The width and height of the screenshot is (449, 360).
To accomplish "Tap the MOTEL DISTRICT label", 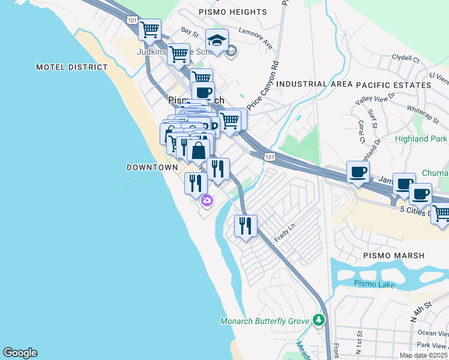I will coord(71,67).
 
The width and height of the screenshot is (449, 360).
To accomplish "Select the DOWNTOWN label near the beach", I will coord(152,167).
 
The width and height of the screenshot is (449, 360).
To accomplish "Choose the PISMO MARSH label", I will coord(394,256).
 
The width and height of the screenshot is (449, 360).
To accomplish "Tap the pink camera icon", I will coord(207,201).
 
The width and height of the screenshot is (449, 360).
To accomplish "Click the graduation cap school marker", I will coord(217,41).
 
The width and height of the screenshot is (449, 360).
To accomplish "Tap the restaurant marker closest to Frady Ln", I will coord(246,226).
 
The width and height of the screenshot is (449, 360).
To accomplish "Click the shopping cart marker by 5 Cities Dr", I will coord(441,213).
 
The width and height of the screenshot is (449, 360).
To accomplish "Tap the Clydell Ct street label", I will coord(405,59).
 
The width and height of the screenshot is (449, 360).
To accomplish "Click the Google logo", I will coord(20,353).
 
